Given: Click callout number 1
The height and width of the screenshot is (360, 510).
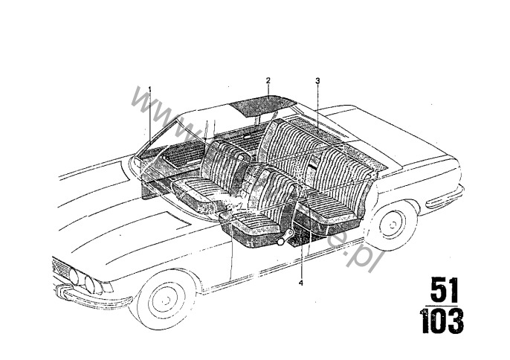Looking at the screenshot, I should coord(149,89).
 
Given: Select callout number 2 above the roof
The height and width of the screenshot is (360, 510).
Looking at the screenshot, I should coord(268,79).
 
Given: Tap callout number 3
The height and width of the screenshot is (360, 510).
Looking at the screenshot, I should coord(317,80).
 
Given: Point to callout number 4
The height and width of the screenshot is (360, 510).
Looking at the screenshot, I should coord(301,282).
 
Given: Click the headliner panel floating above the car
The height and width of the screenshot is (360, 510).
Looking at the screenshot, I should coord(262,102).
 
